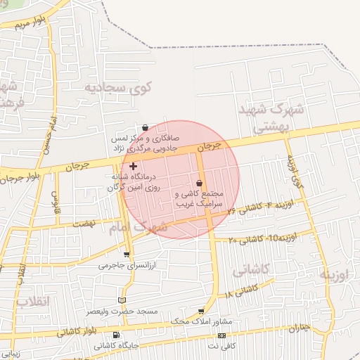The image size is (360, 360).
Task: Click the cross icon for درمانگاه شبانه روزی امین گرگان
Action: click(134, 166)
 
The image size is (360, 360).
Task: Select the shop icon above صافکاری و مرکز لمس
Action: click(145, 128)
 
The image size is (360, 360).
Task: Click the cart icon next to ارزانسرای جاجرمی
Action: click(127, 255)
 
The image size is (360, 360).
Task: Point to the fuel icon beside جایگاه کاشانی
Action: click(116, 335)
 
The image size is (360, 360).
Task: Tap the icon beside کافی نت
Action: click(222, 335)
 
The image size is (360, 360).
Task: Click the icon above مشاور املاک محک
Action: click(202, 311)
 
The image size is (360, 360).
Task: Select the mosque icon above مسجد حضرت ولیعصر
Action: click(122, 300)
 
